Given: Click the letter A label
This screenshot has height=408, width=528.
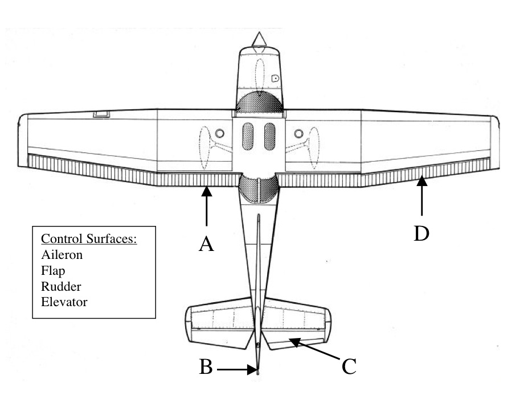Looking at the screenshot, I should (x=206, y=244).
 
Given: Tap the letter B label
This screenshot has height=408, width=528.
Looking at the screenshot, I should (x=206, y=368).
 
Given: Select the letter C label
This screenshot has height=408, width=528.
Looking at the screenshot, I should (x=349, y=367).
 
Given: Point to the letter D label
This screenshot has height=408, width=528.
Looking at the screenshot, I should (x=421, y=233).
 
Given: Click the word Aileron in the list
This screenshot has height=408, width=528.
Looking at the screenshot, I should (x=62, y=255).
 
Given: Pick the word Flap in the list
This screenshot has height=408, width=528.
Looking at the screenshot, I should (x=53, y=270).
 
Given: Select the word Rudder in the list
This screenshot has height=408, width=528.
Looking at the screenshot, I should (x=60, y=286).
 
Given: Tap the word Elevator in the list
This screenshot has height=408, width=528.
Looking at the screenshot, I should (x=64, y=302).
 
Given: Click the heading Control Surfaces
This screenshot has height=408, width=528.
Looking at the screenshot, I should (x=88, y=239).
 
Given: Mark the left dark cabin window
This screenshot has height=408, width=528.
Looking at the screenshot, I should (x=248, y=137).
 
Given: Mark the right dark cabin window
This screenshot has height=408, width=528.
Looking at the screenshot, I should (x=269, y=137).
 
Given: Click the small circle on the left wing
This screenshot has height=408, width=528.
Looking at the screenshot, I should (x=220, y=134).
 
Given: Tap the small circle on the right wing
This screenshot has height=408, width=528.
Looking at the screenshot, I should (x=298, y=134).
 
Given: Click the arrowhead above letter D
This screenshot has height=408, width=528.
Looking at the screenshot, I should (x=421, y=182).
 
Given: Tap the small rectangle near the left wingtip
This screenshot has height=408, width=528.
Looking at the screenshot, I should (x=101, y=114).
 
